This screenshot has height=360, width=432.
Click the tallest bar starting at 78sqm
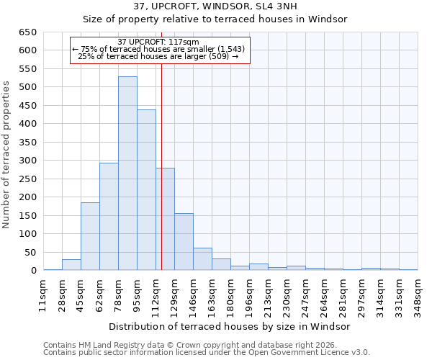127,174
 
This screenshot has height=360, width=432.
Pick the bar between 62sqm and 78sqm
109,217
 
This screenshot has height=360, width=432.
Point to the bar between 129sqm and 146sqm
184,242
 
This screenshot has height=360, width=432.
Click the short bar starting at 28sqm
71,265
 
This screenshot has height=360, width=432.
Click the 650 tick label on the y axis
28,32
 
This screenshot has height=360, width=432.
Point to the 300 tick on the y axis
28,161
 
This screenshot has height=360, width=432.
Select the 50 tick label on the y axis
31,252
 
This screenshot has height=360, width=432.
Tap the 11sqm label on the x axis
43,295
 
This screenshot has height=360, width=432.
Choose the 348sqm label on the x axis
418,295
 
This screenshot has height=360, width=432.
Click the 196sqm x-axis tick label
249,295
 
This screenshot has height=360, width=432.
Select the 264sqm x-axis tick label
324,295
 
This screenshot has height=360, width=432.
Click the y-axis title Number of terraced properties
7,155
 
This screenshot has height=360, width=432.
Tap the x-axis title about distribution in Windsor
230,326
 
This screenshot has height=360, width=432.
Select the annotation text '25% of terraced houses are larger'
158,56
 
